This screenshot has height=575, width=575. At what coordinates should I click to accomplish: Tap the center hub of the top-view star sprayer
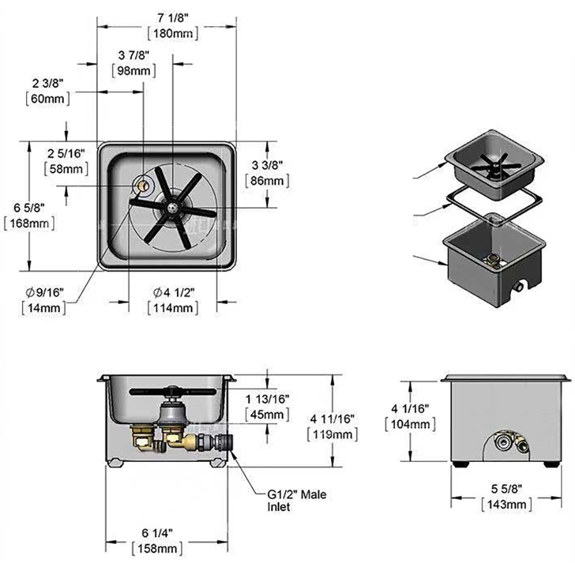172,208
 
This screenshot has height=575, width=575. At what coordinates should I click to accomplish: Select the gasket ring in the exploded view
492,203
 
